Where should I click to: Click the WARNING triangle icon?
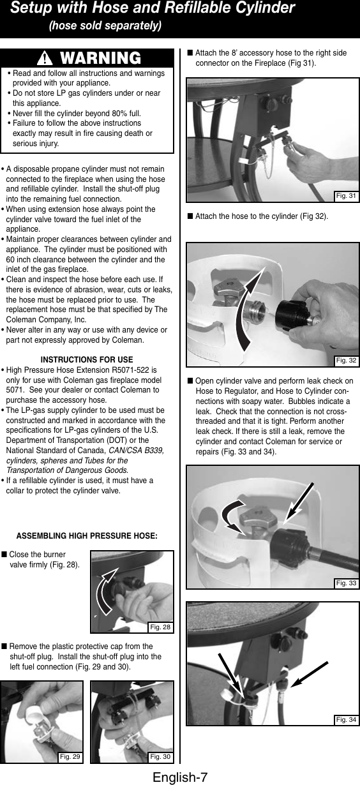(x=44, y=59)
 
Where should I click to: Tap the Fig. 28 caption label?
(x=160, y=627)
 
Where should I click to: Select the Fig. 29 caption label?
(x=69, y=757)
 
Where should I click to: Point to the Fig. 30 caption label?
(x=160, y=757)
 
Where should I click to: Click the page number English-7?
(x=180, y=776)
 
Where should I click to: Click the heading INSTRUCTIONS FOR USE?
(x=87, y=359)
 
